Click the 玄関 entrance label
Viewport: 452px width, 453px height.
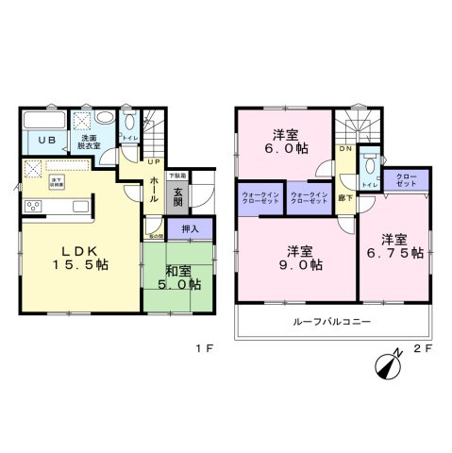coord(176,198)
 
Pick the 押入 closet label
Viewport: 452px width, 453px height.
coord(191,229)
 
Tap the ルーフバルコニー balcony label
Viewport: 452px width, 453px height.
coord(332,323)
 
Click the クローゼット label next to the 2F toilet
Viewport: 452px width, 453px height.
coord(405,179)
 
